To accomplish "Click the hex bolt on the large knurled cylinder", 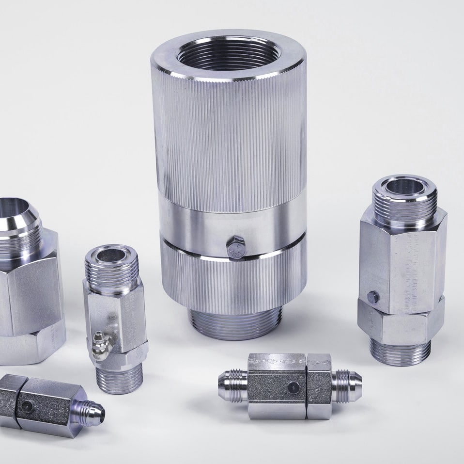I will click(x=236, y=248).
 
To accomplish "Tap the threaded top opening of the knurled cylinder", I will click(x=228, y=53).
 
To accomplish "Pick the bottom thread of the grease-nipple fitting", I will click(x=119, y=376).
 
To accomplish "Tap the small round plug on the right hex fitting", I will click(x=371, y=296).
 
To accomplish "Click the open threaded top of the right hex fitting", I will click(x=404, y=187).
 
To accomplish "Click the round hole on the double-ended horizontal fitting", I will click(x=293, y=386).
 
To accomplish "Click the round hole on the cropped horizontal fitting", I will click(x=27, y=407).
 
